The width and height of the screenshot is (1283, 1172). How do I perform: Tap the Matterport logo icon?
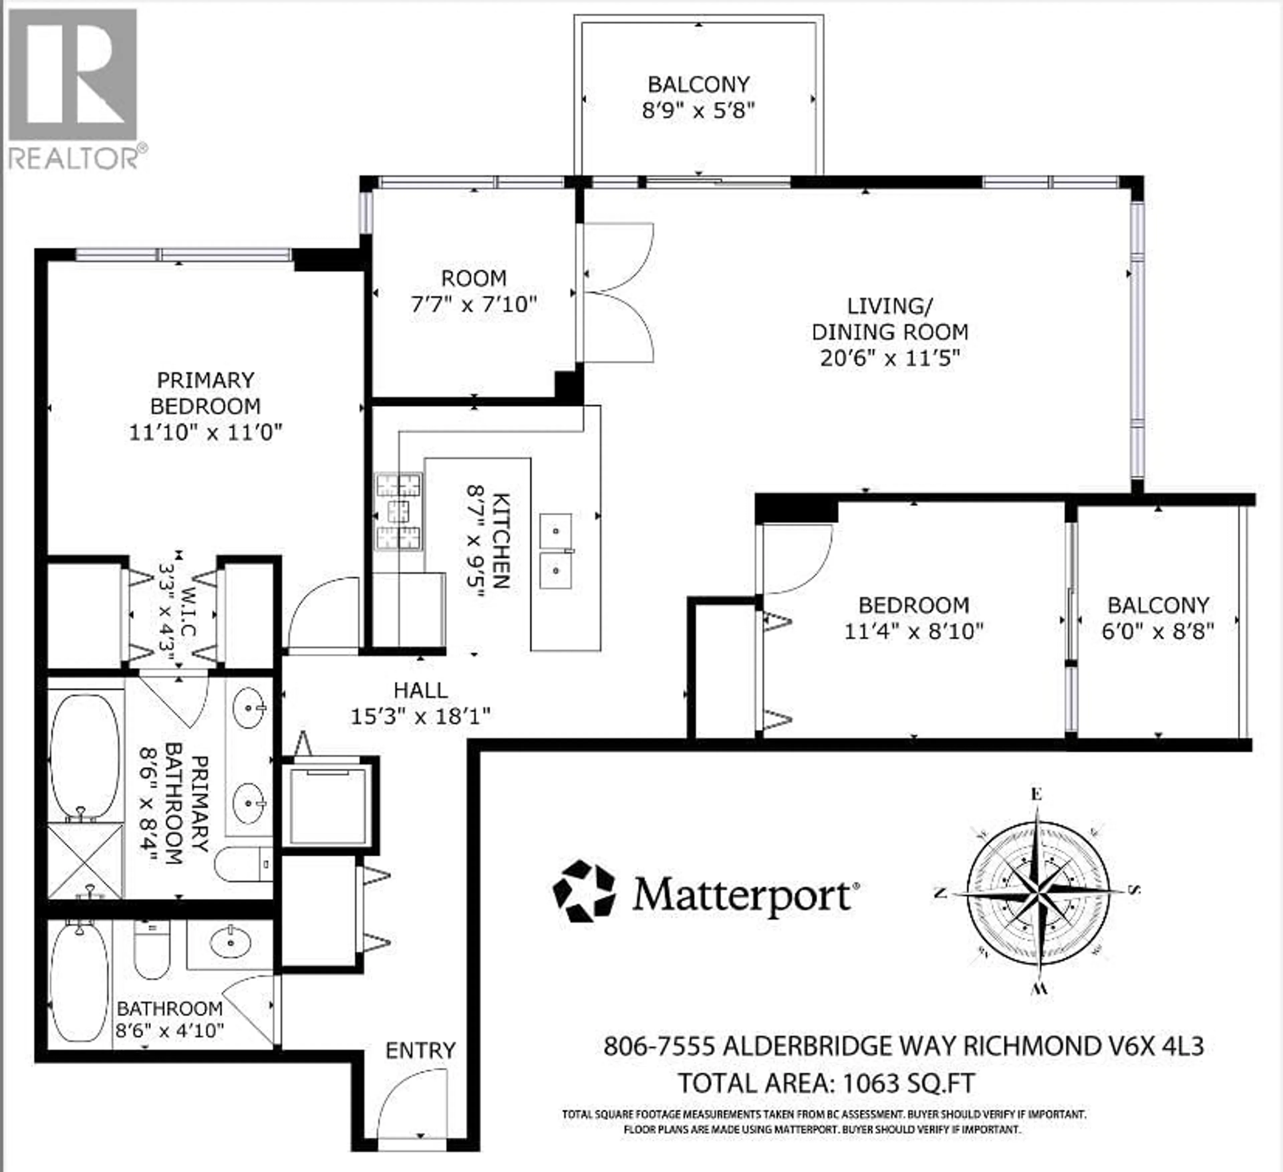pos(584,891)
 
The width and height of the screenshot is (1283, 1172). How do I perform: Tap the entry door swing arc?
pos(414,1101)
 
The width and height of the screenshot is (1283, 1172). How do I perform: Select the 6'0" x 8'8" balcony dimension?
pos(1158,631)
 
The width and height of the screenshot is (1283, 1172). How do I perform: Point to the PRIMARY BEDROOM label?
pos(205,393)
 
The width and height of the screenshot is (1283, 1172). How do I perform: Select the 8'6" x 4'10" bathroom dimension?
pos(169,1030)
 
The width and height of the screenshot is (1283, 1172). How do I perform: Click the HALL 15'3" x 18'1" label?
pos(421,703)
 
